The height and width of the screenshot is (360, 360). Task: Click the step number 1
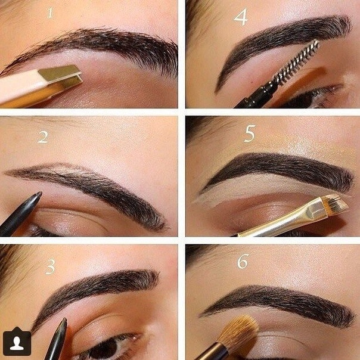coord(50,13)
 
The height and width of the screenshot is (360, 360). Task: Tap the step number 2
coord(43,137)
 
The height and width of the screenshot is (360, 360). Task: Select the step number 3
coord(50,266)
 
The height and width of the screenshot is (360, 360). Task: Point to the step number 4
coord(241,17)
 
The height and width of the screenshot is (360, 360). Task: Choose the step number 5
coord(250,133)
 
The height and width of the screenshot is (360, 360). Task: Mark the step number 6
coord(243,261)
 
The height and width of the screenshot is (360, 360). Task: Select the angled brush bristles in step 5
coord(336,203)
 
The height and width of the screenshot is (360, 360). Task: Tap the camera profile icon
coord(17,341)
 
